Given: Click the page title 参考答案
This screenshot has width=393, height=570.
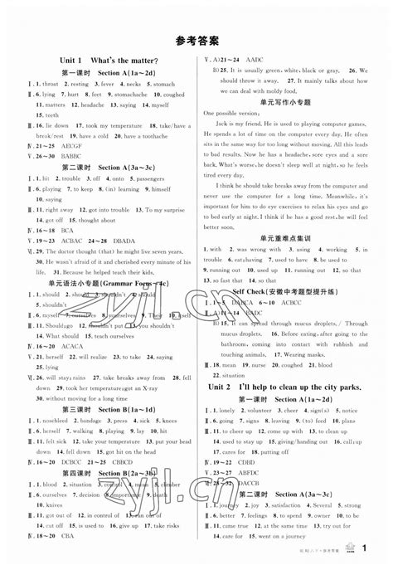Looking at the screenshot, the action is pyautogui.click(x=196, y=38).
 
